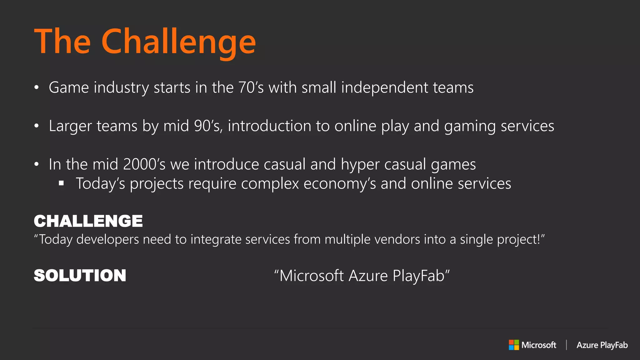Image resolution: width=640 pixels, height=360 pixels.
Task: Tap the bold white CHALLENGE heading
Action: point(88,221)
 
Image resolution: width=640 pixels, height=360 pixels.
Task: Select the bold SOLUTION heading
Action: point(80,276)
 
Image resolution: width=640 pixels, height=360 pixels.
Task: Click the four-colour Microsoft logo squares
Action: point(514,345)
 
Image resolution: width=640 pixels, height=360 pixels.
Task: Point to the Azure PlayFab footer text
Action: point(602,345)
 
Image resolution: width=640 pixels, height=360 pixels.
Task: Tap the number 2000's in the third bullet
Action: point(144,164)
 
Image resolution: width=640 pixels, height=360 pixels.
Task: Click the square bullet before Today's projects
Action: point(61,183)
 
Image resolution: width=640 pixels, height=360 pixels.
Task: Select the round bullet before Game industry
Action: point(37,87)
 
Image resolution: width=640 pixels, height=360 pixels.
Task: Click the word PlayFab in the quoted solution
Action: point(418,276)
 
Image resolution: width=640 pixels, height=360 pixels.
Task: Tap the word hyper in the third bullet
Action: point(360,165)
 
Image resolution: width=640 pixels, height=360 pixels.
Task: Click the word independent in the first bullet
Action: point(384,87)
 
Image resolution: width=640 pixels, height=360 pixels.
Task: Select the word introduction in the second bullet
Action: point(269,126)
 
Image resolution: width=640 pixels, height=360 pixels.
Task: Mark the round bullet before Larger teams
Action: point(37,126)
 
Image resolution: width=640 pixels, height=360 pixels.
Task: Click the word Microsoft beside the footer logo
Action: point(539,345)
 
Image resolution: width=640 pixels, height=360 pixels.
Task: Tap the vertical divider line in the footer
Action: point(566,345)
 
